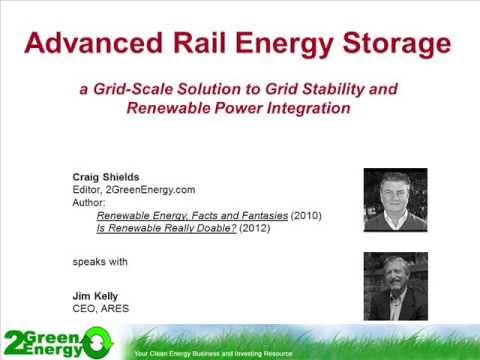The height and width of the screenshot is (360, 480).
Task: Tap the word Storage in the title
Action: coord(391,43)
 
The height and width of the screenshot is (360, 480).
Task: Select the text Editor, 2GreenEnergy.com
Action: coord(130,187)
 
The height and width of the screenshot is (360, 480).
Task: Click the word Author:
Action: coord(89,200)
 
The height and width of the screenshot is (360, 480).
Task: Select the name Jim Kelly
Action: coord(94,297)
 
